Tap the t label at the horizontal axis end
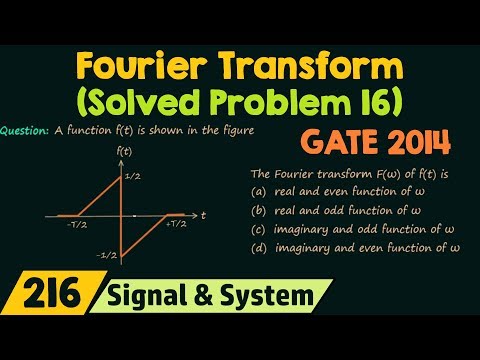click(x=203, y=214)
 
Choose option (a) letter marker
click(x=258, y=191)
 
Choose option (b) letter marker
click(x=258, y=210)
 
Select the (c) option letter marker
click(x=258, y=229)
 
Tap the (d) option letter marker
click(x=258, y=247)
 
